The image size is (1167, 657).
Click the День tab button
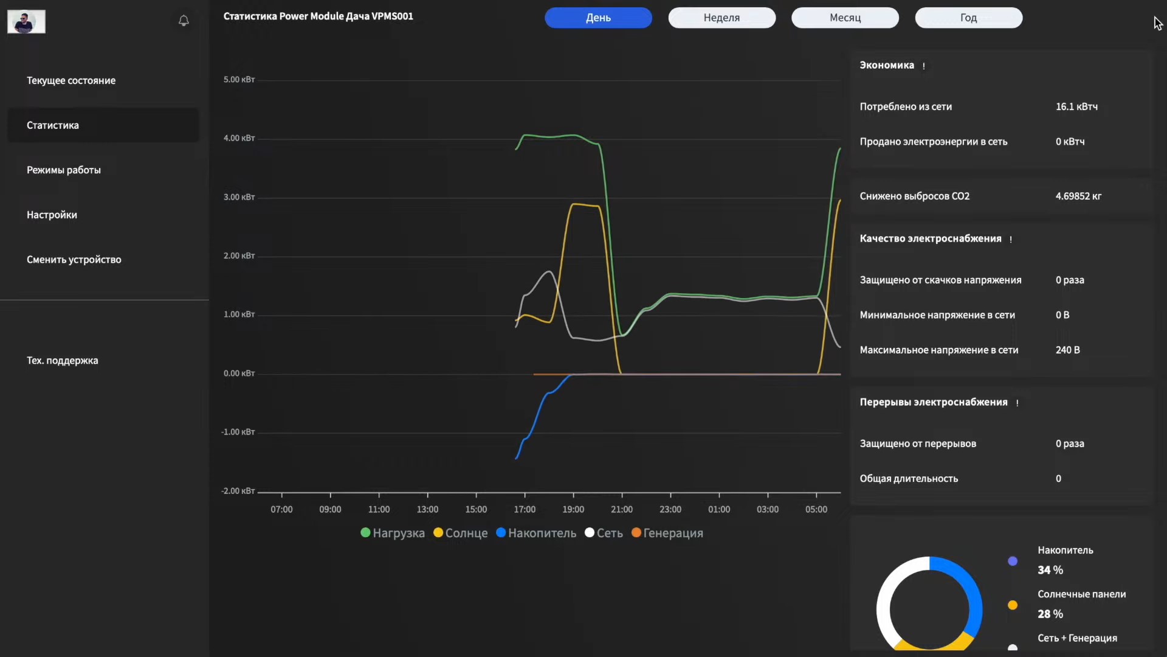point(598,18)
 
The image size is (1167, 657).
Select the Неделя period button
point(721,18)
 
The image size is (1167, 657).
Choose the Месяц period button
point(845,18)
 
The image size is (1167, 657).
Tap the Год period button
point(968,18)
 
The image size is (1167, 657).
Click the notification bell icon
point(184,21)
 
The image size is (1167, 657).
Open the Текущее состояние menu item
point(71,80)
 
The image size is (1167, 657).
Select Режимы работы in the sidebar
point(64,170)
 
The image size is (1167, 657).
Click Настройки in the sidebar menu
point(52,215)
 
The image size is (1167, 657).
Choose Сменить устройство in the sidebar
point(74,259)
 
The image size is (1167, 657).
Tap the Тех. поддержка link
point(63,360)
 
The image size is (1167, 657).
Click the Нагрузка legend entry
point(393,533)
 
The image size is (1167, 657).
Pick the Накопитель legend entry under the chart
point(536,533)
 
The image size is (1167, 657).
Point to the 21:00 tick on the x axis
point(622,509)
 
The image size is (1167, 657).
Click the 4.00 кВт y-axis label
point(239,138)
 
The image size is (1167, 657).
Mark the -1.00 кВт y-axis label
point(238,432)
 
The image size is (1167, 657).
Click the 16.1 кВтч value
point(1076,106)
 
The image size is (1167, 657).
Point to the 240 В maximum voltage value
point(1068,350)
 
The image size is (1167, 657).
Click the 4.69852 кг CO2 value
point(1078,196)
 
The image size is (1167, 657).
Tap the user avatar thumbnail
point(26,22)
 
